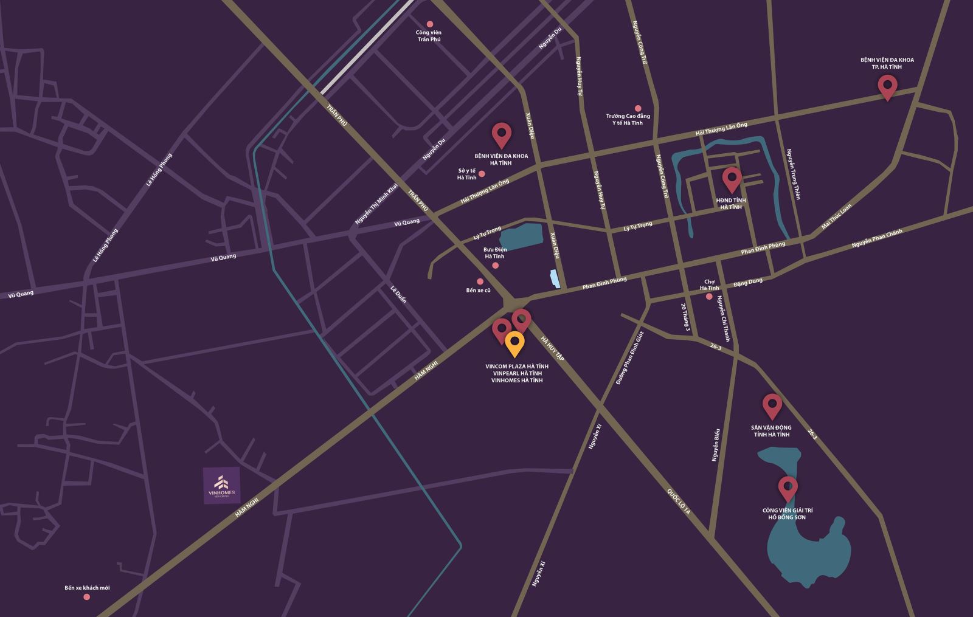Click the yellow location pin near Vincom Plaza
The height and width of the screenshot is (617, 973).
[514, 343]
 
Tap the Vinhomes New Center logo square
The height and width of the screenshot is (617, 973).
[221, 485]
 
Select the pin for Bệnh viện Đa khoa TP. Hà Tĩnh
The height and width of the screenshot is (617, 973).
[887, 86]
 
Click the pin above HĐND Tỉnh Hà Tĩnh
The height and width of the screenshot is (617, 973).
[732, 179]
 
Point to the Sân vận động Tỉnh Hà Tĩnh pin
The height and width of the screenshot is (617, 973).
[772, 405]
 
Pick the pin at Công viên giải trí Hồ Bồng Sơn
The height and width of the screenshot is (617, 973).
[788, 488]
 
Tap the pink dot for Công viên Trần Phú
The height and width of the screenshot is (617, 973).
[430, 24]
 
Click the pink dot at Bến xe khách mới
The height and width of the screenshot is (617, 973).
[86, 597]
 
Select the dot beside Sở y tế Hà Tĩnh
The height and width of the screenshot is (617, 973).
[482, 174]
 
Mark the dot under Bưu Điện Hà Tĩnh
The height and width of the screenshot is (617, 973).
[495, 266]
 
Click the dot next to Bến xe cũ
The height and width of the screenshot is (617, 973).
[480, 281]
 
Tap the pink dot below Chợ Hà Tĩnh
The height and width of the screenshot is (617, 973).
[709, 297]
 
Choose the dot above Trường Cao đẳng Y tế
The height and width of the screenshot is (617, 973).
[638, 108]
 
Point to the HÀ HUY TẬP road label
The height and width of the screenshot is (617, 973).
[552, 350]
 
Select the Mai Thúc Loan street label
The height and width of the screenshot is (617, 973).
[837, 216]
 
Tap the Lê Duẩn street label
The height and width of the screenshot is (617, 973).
[398, 295]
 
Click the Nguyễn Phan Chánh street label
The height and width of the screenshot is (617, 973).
[877, 238]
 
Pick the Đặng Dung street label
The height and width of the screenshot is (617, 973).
[747, 282]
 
